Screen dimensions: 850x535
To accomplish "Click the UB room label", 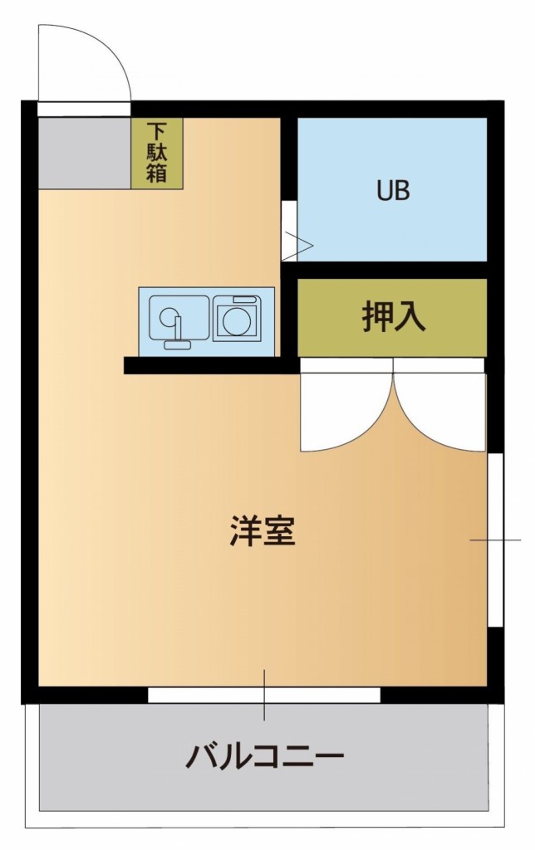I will pyautogui.click(x=393, y=191).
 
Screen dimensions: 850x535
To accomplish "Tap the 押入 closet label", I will pyautogui.click(x=393, y=317).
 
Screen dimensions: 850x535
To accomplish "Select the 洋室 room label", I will pyautogui.click(x=263, y=531).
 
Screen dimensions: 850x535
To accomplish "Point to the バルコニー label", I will pyautogui.click(x=264, y=757).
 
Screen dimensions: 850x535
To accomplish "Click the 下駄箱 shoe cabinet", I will pyautogui.click(x=157, y=153).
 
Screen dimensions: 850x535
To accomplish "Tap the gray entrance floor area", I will pyautogui.click(x=84, y=153).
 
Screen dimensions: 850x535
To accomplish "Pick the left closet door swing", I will pyautogui.click(x=341, y=415).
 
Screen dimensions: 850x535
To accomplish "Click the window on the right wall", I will pyautogui.click(x=494, y=540).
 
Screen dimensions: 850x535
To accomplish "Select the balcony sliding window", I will pyautogui.click(x=264, y=696).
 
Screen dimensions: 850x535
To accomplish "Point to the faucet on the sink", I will pyautogui.click(x=176, y=330).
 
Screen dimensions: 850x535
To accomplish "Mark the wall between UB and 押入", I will pyautogui.click(x=390, y=270).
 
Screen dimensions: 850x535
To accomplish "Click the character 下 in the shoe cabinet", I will pyautogui.click(x=157, y=131).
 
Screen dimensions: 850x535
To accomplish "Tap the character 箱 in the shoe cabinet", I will pyautogui.click(x=157, y=173).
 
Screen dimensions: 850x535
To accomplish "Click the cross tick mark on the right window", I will pyautogui.click(x=495, y=540).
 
